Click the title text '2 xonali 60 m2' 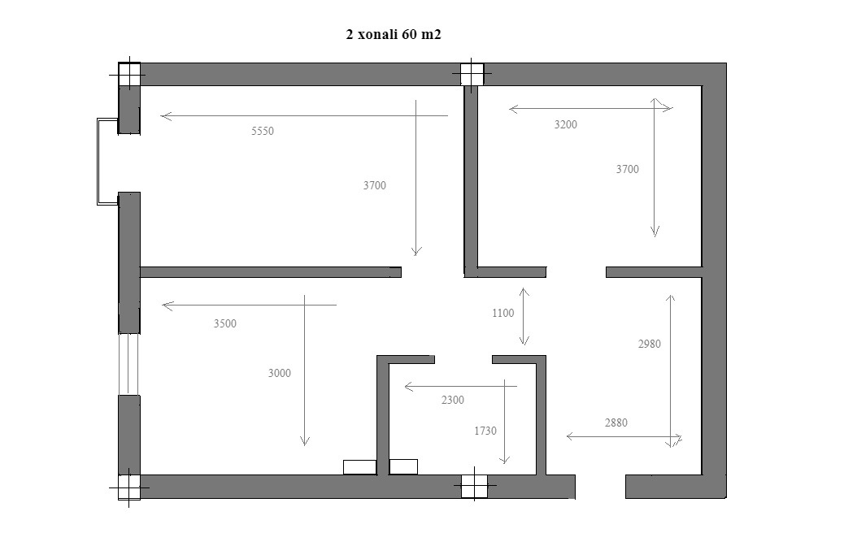(394, 34)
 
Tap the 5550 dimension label (263, 131)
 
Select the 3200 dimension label (566, 124)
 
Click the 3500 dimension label (225, 323)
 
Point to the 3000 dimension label (279, 374)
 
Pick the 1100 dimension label (502, 314)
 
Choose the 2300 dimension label (453, 401)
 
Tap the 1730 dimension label (485, 431)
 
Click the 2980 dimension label (650, 344)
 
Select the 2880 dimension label (616, 422)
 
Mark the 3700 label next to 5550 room (374, 185)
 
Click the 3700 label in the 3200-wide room (628, 169)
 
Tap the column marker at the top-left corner (129, 75)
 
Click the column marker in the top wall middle (472, 74)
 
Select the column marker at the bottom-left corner (129, 487)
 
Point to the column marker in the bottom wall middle (474, 485)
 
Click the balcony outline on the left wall (98, 162)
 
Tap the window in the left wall (129, 364)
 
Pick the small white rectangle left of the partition (359, 467)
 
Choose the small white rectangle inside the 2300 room (403, 467)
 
